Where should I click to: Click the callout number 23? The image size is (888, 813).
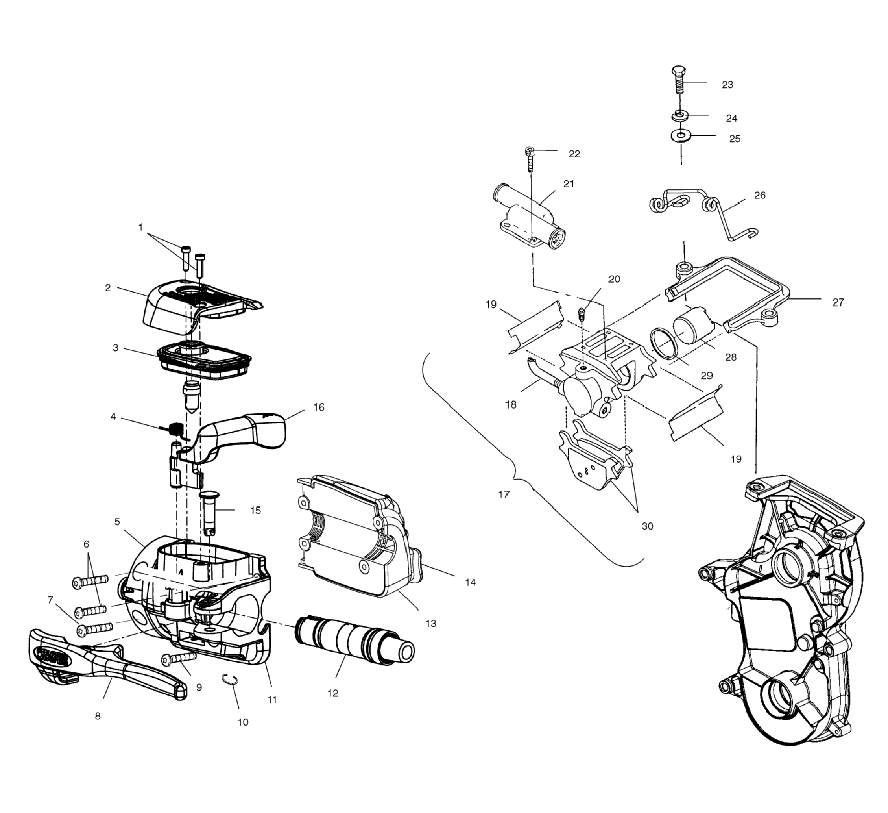727,85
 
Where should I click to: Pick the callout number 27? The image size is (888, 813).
838,302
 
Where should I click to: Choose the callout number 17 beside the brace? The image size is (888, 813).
504,494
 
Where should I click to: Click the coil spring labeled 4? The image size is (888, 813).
177,429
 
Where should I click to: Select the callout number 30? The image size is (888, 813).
647,526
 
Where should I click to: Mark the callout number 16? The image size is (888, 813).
319,407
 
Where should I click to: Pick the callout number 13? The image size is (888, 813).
430,624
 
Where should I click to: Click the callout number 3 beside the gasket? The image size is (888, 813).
115,348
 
